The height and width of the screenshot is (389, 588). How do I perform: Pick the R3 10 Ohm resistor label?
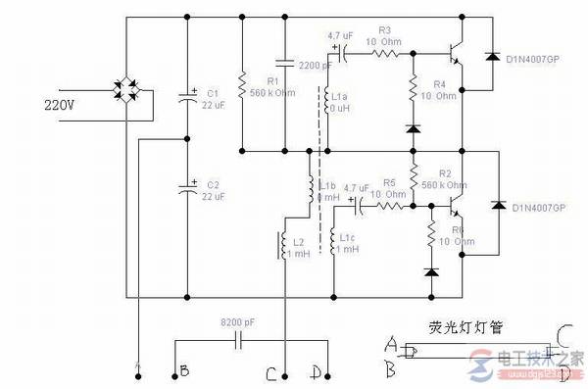tap(383, 36)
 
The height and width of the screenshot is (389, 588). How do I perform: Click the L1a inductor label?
tap(341, 102)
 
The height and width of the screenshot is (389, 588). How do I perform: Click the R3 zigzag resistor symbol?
tap(383, 54)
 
